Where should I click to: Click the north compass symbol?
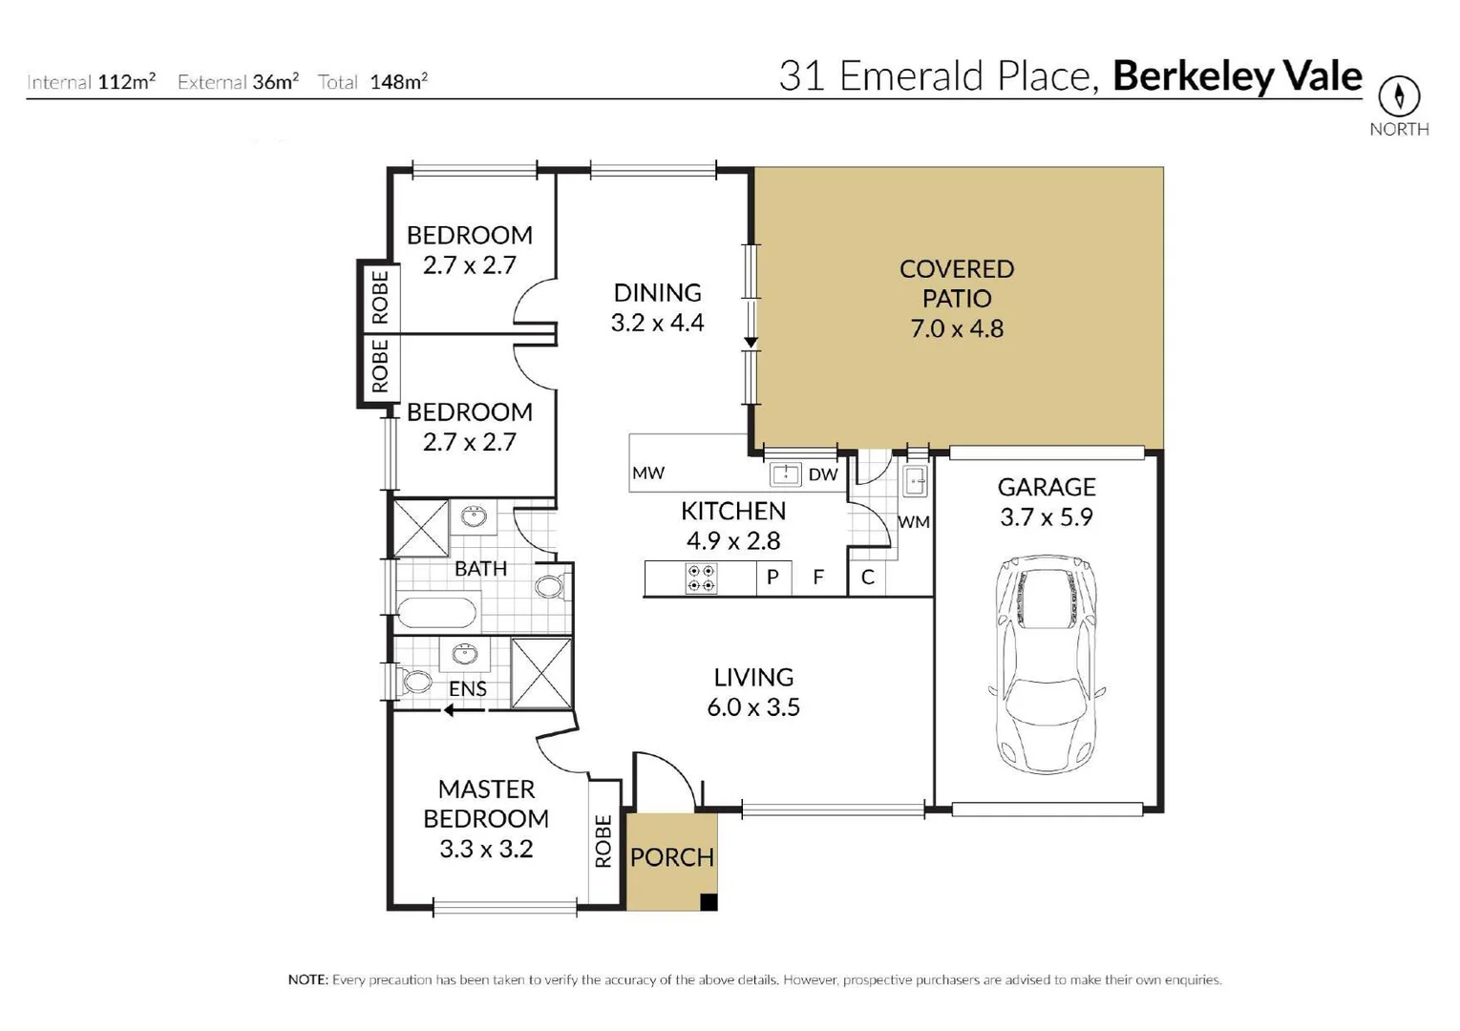1399,96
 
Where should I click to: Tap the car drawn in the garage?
1047,663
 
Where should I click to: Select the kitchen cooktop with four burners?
701,579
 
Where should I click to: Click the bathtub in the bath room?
437,614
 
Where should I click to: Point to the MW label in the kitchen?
647,473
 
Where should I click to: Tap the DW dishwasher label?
822,474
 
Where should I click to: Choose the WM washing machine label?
913,522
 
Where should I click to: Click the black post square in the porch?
709,902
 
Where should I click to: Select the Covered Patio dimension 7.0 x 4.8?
956,328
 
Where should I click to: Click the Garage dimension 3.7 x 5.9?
1047,517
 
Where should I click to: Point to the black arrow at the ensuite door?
464,709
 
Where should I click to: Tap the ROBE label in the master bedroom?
603,841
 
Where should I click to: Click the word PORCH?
672,857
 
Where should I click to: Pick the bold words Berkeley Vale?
1238,76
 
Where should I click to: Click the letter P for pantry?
773,577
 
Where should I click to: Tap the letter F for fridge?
818,577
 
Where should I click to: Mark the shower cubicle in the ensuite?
541,673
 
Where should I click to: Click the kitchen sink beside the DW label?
786,474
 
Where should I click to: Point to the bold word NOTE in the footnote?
308,979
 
